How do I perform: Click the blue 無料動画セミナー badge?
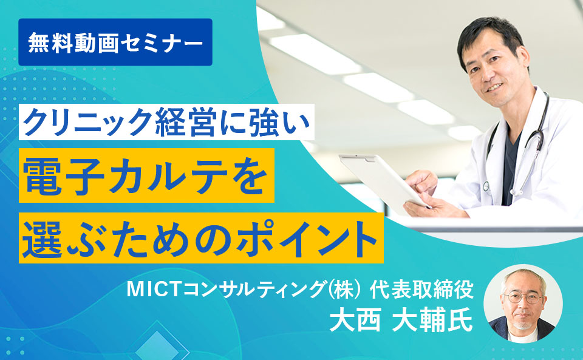115,42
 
